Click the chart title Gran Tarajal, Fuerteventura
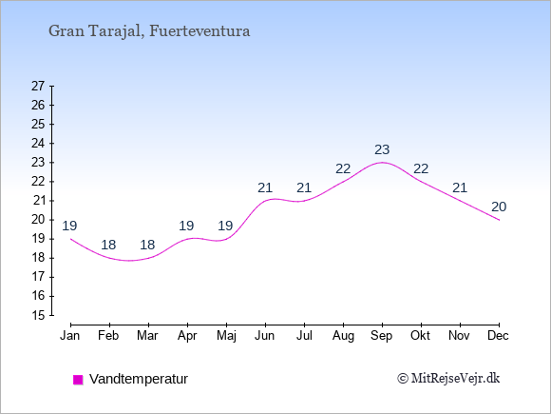(x=149, y=31)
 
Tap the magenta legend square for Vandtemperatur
(x=78, y=380)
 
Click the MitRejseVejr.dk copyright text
(x=448, y=379)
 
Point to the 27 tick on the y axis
(x=38, y=86)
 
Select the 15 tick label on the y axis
(x=38, y=315)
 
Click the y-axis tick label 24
(x=38, y=144)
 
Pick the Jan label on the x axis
(x=70, y=336)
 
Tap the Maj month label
(x=226, y=336)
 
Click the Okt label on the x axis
(x=420, y=336)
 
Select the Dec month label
(x=499, y=336)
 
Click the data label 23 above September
(x=382, y=150)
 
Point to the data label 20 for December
(x=499, y=207)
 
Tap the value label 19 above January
(x=69, y=226)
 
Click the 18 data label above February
(x=108, y=245)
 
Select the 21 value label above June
(x=265, y=188)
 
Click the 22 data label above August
(x=343, y=169)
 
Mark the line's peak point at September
(x=382, y=163)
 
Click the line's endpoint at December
(x=499, y=220)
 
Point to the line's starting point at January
(x=71, y=239)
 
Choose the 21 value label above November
(x=460, y=188)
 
